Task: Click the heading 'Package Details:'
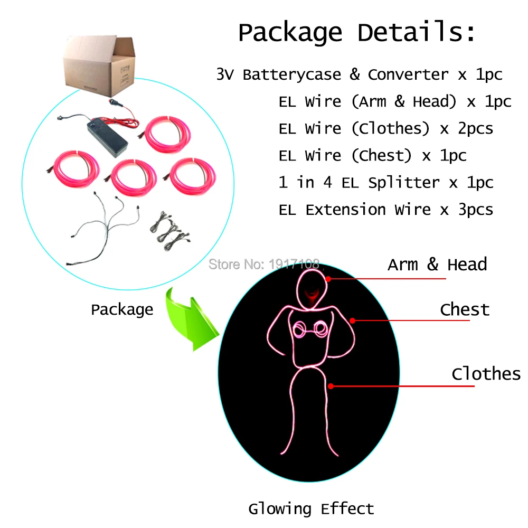[356, 33]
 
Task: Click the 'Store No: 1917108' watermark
[264, 265]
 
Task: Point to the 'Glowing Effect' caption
[311, 509]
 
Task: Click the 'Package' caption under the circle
[122, 309]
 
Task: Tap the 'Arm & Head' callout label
[437, 265]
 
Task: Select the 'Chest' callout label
[465, 309]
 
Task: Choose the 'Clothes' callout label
[486, 373]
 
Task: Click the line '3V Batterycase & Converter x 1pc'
[359, 74]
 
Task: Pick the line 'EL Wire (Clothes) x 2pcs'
[386, 129]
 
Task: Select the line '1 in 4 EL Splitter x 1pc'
[386, 183]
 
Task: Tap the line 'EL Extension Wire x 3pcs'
[386, 210]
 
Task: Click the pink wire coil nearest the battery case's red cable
[167, 134]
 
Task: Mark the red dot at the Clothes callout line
[331, 386]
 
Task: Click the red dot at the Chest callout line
[353, 320]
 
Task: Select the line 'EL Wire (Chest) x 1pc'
[372, 156]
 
